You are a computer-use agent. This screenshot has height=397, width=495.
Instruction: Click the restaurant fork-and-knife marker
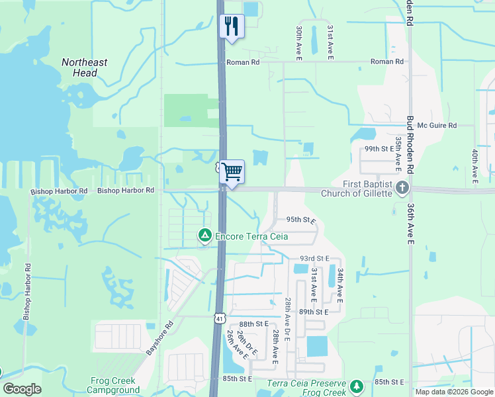[x=232, y=26]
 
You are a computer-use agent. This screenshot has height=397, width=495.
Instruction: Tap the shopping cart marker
[x=232, y=172]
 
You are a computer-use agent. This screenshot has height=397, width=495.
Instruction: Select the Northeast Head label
[x=85, y=67]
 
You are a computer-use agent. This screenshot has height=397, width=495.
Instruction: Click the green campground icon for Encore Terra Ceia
[x=205, y=235]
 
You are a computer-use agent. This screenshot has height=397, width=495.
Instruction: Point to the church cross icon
[x=401, y=189]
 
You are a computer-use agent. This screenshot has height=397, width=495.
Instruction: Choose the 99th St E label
[x=379, y=149]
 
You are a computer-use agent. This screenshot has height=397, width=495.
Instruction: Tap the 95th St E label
[x=301, y=219]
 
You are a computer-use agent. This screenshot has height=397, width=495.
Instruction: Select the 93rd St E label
[x=314, y=258]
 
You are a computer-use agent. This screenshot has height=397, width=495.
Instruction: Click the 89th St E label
[x=314, y=311]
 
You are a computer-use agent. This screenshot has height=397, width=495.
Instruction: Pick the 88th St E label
[x=253, y=324]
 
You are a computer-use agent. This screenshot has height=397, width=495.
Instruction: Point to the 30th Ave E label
[x=299, y=44]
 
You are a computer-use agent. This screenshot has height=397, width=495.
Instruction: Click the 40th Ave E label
[x=475, y=165]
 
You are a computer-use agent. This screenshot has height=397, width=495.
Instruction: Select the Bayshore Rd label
[x=159, y=336]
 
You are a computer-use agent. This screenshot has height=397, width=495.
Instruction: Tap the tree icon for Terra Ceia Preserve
[x=357, y=386]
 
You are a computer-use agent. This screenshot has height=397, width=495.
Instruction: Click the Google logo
[x=22, y=389]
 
